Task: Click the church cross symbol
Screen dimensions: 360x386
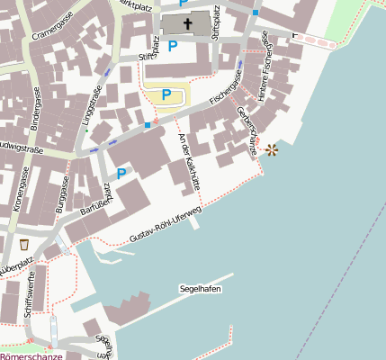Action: (188, 23)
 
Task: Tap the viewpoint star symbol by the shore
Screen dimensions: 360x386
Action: (271, 150)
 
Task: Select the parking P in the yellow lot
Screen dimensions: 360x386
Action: (166, 94)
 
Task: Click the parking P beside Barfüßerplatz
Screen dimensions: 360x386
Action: (121, 174)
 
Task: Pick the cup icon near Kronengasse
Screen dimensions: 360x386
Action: (23, 244)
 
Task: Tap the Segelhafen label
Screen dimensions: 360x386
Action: (201, 289)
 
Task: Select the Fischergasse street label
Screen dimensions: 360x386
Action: (227, 87)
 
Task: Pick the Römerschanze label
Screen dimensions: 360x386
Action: (31, 355)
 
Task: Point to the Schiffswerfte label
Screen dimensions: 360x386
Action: (30, 293)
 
